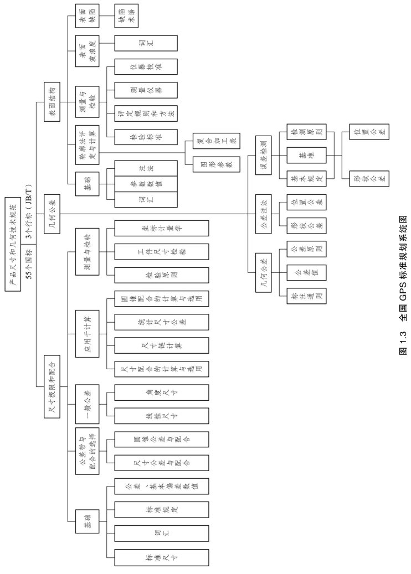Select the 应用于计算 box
[x=88, y=325]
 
